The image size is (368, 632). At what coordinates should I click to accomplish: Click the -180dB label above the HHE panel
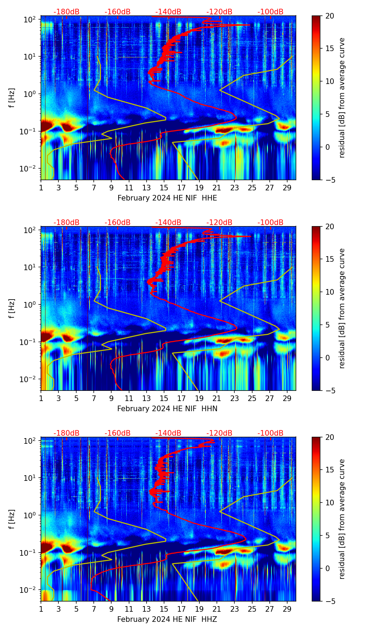(66, 12)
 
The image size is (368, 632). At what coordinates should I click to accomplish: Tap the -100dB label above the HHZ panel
(270, 433)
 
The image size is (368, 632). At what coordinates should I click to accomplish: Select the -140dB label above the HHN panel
(168, 223)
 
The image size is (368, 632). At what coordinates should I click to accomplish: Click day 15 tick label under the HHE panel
(164, 188)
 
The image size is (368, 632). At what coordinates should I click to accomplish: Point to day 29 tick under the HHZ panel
(287, 609)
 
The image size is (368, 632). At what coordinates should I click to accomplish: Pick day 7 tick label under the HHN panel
(94, 398)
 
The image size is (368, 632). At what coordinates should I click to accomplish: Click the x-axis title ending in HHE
(167, 198)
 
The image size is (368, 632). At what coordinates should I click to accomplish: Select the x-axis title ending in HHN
(167, 409)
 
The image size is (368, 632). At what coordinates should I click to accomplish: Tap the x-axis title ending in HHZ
(167, 619)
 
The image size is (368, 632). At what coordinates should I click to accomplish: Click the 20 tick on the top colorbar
(330, 16)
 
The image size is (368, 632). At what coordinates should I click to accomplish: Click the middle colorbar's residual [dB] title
(342, 308)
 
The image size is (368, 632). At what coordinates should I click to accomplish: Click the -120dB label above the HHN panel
(219, 223)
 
